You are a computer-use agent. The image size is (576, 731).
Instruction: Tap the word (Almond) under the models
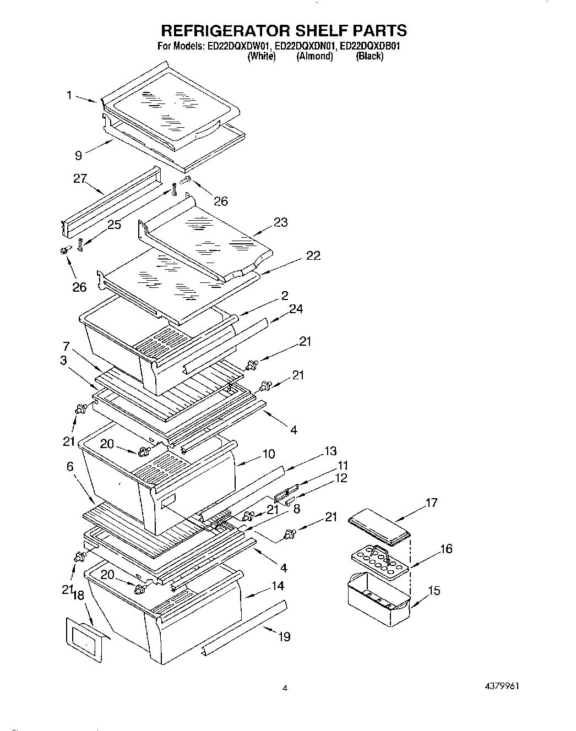coord(314,56)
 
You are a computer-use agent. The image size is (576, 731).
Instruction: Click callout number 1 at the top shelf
coord(69,95)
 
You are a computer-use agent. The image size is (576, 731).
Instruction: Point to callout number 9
coord(79,155)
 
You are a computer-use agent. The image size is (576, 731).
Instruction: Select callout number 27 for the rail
coord(80,179)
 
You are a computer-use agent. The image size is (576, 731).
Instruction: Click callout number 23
coord(280,222)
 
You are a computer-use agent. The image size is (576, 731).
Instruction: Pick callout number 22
coord(313,255)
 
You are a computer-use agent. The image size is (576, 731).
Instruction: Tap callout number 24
coord(296,309)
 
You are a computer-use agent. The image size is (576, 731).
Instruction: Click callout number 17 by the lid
coord(431,502)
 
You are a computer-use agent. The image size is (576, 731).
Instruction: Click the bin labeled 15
coord(379,599)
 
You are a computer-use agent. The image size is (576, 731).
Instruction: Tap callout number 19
coord(284,637)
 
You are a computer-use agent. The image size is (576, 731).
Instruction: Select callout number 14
coord(278,586)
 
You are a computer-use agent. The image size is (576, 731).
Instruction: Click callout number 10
coord(269,454)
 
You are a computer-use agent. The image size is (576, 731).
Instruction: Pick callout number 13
coord(330,451)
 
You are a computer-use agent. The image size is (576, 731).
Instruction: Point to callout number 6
coord(70,466)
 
